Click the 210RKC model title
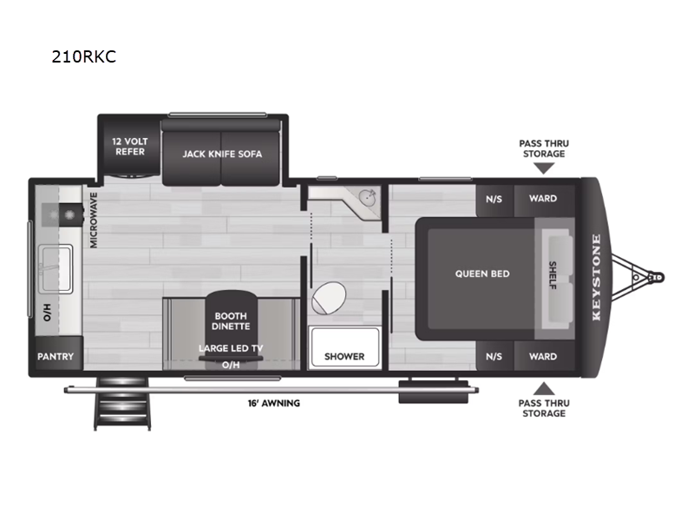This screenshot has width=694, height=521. click(x=84, y=58)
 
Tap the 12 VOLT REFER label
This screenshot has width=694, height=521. click(x=129, y=146)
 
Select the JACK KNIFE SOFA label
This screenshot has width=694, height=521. click(x=222, y=154)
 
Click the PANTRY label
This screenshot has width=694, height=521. click(x=56, y=356)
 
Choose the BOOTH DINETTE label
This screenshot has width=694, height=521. click(x=230, y=320)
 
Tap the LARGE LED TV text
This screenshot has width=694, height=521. click(x=230, y=349)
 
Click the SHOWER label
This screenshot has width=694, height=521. click(x=344, y=356)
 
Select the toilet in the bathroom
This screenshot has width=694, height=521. click(x=328, y=300)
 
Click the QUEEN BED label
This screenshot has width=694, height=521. click(x=482, y=274)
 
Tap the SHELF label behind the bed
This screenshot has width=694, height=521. click(x=553, y=275)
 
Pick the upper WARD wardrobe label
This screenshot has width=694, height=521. click(x=543, y=198)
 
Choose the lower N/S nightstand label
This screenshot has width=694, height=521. click(x=494, y=356)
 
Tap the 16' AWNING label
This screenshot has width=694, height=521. click(x=273, y=403)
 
